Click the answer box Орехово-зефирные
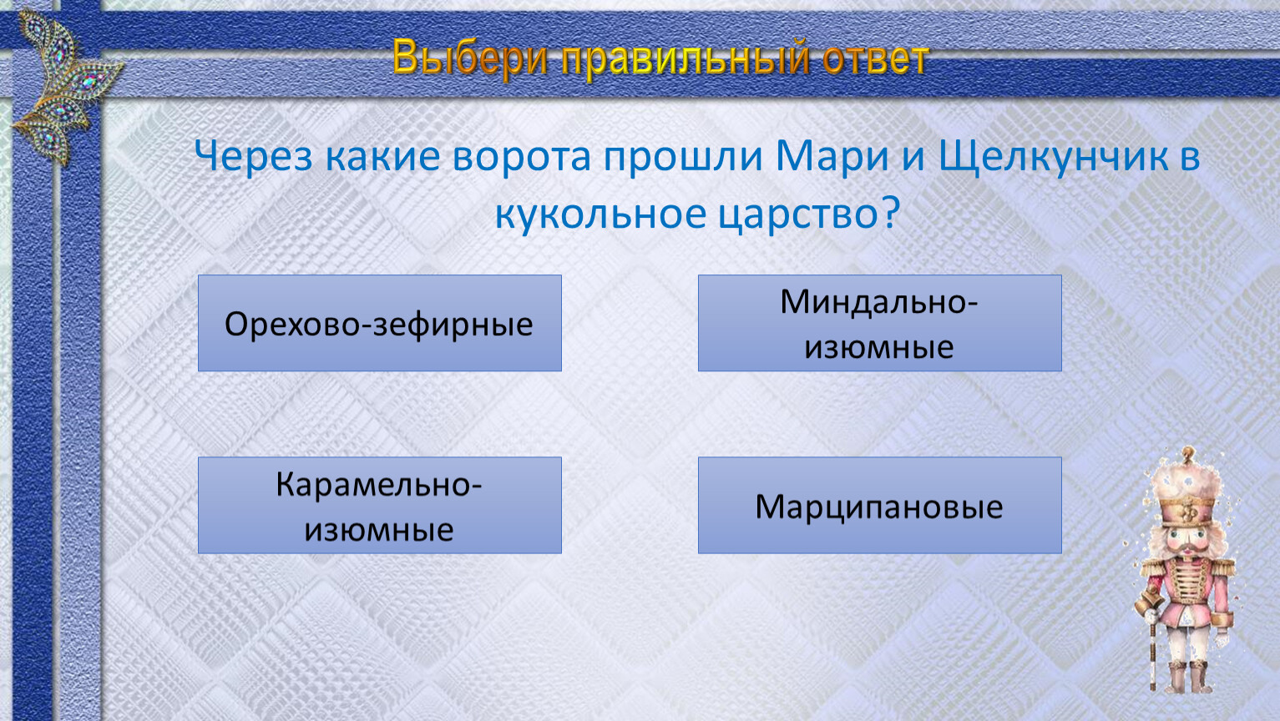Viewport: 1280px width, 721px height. (x=379, y=323)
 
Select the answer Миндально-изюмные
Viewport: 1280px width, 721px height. (x=879, y=323)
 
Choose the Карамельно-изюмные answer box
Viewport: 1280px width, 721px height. (x=379, y=505)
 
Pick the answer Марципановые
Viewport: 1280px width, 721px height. (x=879, y=505)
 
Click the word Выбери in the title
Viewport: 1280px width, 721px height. (x=470, y=58)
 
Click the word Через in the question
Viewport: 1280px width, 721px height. (x=254, y=156)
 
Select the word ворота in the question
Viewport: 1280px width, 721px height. (x=522, y=157)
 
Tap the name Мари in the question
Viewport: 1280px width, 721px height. (x=832, y=156)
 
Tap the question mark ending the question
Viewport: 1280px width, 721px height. (x=891, y=213)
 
